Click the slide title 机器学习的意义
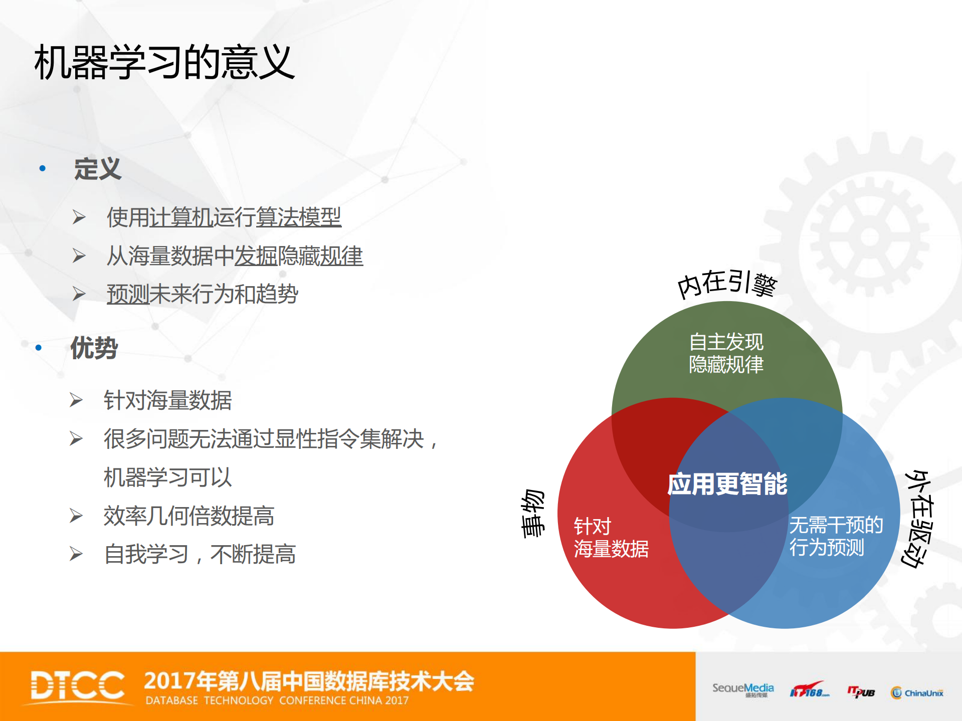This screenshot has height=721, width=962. click(164, 62)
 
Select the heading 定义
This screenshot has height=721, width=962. click(98, 168)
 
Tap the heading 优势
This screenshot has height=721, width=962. click(94, 348)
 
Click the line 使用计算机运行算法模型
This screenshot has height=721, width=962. click(224, 217)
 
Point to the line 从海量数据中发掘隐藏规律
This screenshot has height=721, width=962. click(235, 256)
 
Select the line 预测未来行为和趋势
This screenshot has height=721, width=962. click(203, 294)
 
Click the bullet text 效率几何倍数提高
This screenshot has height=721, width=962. click(189, 516)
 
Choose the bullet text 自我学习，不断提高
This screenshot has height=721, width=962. click(200, 554)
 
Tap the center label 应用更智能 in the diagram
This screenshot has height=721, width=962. click(727, 484)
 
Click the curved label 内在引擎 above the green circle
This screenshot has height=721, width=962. click(727, 284)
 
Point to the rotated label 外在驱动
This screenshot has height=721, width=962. click(918, 519)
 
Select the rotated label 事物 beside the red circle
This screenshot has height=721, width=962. click(532, 513)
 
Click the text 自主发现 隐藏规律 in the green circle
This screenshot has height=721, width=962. click(726, 353)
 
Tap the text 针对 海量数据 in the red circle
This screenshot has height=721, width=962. click(611, 538)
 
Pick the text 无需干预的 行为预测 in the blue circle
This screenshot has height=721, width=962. click(836, 536)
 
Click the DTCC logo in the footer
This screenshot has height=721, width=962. click(78, 685)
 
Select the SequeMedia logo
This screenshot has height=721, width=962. click(743, 689)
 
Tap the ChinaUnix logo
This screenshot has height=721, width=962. click(917, 692)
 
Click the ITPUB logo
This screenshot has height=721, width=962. click(861, 692)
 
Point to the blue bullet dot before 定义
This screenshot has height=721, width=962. click(43, 168)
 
